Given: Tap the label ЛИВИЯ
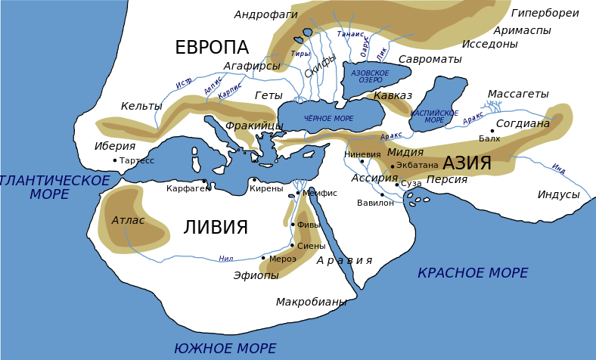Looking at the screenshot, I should coord(216,228).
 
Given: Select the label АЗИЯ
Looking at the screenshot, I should coord(467,163).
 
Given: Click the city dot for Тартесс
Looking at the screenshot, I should coord(115,160).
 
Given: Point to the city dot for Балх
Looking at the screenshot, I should coord(492,131).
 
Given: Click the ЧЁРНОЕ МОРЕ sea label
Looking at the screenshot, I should coord(328,119).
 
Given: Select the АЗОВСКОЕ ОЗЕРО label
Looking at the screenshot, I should coord(370,76).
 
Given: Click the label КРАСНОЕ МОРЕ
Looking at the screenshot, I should coord(473,273).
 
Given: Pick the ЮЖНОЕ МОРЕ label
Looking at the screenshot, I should coord(225,349).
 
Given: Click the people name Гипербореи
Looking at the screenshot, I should coord(545,14).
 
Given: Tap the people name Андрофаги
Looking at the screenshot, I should coord(265,14).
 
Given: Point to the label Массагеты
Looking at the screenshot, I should coord(517,94).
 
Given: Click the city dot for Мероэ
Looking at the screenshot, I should coord(263,258).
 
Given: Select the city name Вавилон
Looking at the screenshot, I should coord(375,203).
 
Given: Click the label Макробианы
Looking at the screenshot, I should coord(311,302).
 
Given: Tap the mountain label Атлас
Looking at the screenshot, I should coord(128,220).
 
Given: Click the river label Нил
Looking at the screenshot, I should coord(226,259).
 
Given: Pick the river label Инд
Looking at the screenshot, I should coord(558,169).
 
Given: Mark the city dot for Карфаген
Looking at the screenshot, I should coord(204,181).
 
